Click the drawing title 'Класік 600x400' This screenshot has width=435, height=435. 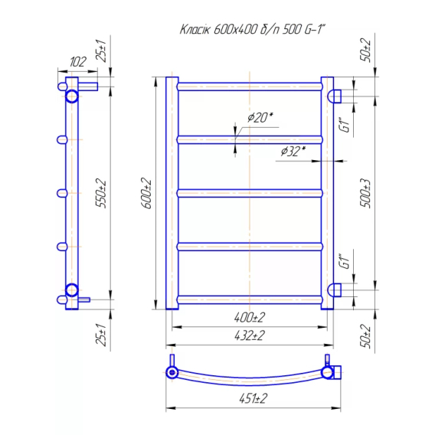click(x=218, y=29)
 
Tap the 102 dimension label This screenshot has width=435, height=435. click(x=77, y=62)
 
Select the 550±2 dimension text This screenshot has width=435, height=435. click(x=100, y=193)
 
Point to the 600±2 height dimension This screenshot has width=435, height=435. click(x=146, y=193)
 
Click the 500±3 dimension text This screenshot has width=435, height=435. click(x=365, y=193)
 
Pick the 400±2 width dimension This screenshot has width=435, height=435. click(x=250, y=317)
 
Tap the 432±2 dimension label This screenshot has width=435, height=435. click(x=250, y=335)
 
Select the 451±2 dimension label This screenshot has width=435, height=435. click(x=253, y=399)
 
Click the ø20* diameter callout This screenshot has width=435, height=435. click(x=260, y=117)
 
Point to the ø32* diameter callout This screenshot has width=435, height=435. click(x=293, y=152)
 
